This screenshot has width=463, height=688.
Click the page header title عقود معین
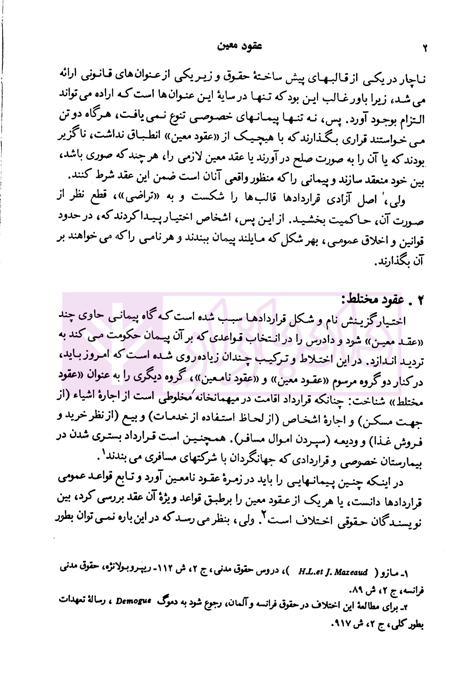click(234, 46)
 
